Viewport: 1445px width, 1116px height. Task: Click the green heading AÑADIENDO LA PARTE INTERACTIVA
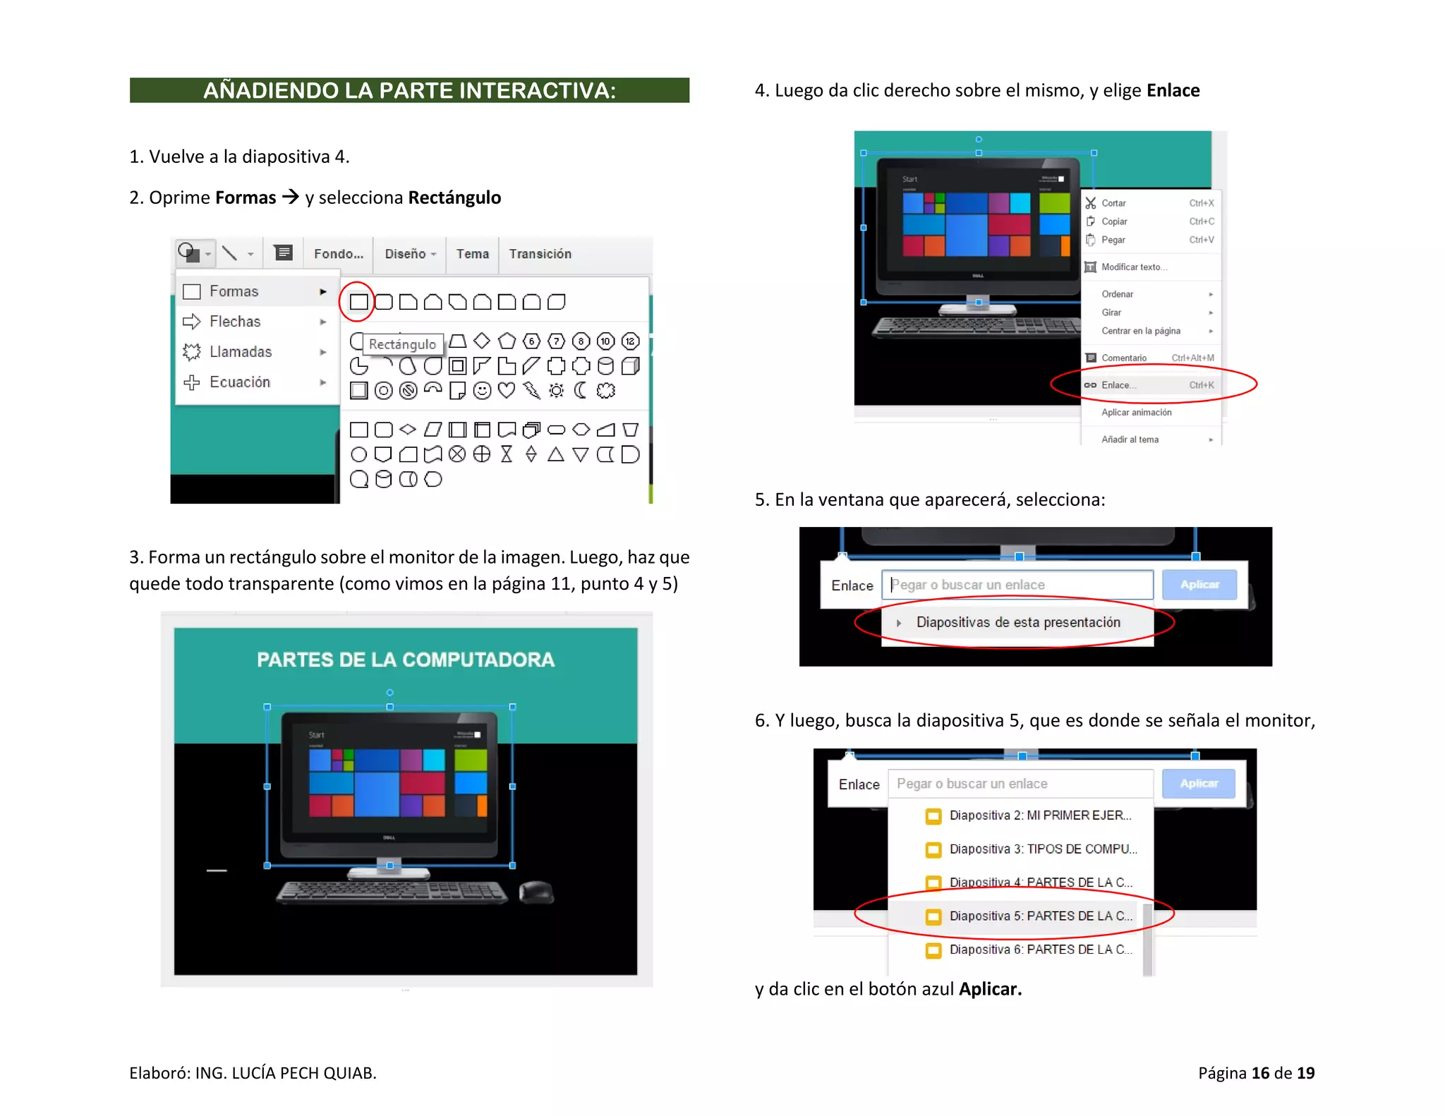(x=409, y=90)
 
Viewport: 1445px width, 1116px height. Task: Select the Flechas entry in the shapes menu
(x=235, y=322)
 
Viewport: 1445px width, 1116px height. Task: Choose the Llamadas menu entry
(x=241, y=351)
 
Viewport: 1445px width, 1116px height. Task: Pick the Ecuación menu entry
(x=240, y=382)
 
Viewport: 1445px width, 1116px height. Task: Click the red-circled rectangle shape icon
(x=358, y=302)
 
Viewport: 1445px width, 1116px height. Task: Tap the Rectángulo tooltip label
(x=403, y=344)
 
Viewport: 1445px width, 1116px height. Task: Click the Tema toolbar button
(x=472, y=254)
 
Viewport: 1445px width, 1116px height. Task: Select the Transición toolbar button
(x=540, y=254)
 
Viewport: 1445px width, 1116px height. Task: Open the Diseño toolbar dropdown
(x=410, y=254)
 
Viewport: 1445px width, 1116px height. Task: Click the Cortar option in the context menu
(x=1114, y=203)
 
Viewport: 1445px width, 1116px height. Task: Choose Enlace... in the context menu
(x=1119, y=385)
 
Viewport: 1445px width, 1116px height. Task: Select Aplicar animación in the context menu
(x=1137, y=412)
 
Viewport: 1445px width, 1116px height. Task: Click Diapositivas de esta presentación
(x=1018, y=622)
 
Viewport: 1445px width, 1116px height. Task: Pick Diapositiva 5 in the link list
(x=1041, y=916)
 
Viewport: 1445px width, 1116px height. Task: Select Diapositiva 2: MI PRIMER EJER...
(x=1041, y=815)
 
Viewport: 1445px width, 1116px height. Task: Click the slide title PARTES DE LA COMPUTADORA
(x=406, y=660)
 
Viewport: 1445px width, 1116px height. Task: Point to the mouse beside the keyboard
(x=536, y=892)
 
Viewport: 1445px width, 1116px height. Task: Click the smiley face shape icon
(x=482, y=390)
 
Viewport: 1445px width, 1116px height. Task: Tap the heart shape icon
(x=507, y=390)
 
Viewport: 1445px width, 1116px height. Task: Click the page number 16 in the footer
(x=1260, y=1073)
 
